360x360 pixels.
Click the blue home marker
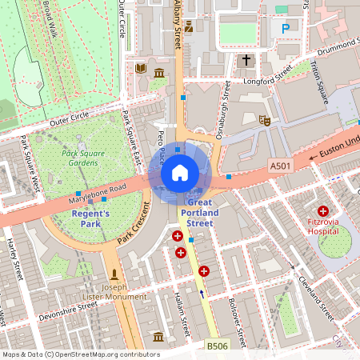[x=180, y=172]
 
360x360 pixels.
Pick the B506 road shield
[x=216, y=346]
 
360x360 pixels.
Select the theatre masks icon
[x=265, y=120]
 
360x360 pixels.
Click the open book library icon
[x=141, y=69]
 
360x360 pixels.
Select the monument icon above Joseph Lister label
[x=114, y=274]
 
